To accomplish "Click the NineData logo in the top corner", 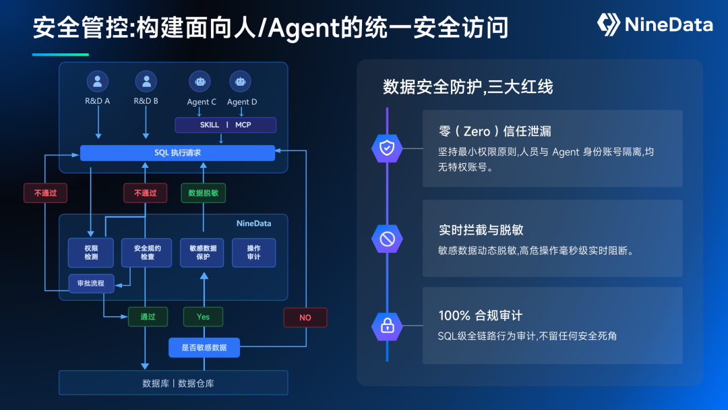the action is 655,24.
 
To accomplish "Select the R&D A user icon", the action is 98,82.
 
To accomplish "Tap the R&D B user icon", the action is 146,82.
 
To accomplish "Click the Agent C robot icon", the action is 200,82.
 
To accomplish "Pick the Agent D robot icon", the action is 241,82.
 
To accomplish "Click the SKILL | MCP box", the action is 226,125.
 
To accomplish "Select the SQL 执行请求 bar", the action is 177,153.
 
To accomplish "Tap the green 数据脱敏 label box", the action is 204,193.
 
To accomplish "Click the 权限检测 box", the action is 91,253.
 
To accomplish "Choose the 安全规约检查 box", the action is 147,253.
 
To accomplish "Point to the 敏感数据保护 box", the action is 202,253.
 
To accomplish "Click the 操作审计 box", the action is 254,253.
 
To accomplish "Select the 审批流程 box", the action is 92,283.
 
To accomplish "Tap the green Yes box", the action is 204,317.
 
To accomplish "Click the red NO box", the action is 305,318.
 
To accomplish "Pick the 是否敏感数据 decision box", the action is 204,348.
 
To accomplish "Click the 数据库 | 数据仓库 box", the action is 174,383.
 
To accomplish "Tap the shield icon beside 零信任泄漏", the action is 387,148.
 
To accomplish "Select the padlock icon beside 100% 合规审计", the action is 387,326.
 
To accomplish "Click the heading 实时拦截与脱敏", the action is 481,230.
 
